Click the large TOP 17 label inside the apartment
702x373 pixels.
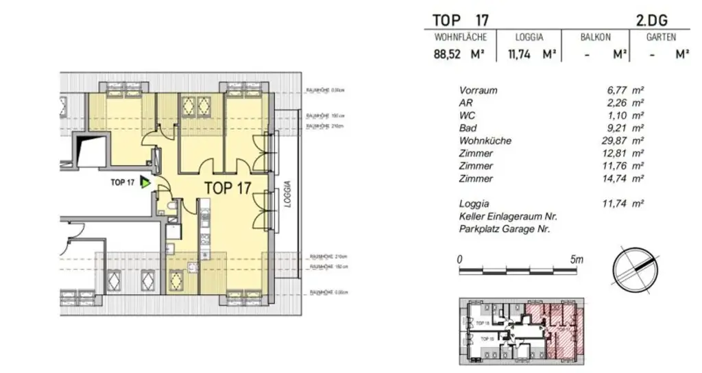click(x=228, y=187)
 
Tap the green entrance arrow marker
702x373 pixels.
click(x=145, y=182)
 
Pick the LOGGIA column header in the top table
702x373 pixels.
click(x=529, y=37)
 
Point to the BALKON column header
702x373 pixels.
click(x=595, y=37)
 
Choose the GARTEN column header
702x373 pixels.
click(x=661, y=37)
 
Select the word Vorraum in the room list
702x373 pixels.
click(x=479, y=91)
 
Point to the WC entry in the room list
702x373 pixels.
click(x=467, y=116)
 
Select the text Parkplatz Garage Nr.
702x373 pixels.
click(x=505, y=229)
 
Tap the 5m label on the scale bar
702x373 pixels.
click(x=576, y=260)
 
